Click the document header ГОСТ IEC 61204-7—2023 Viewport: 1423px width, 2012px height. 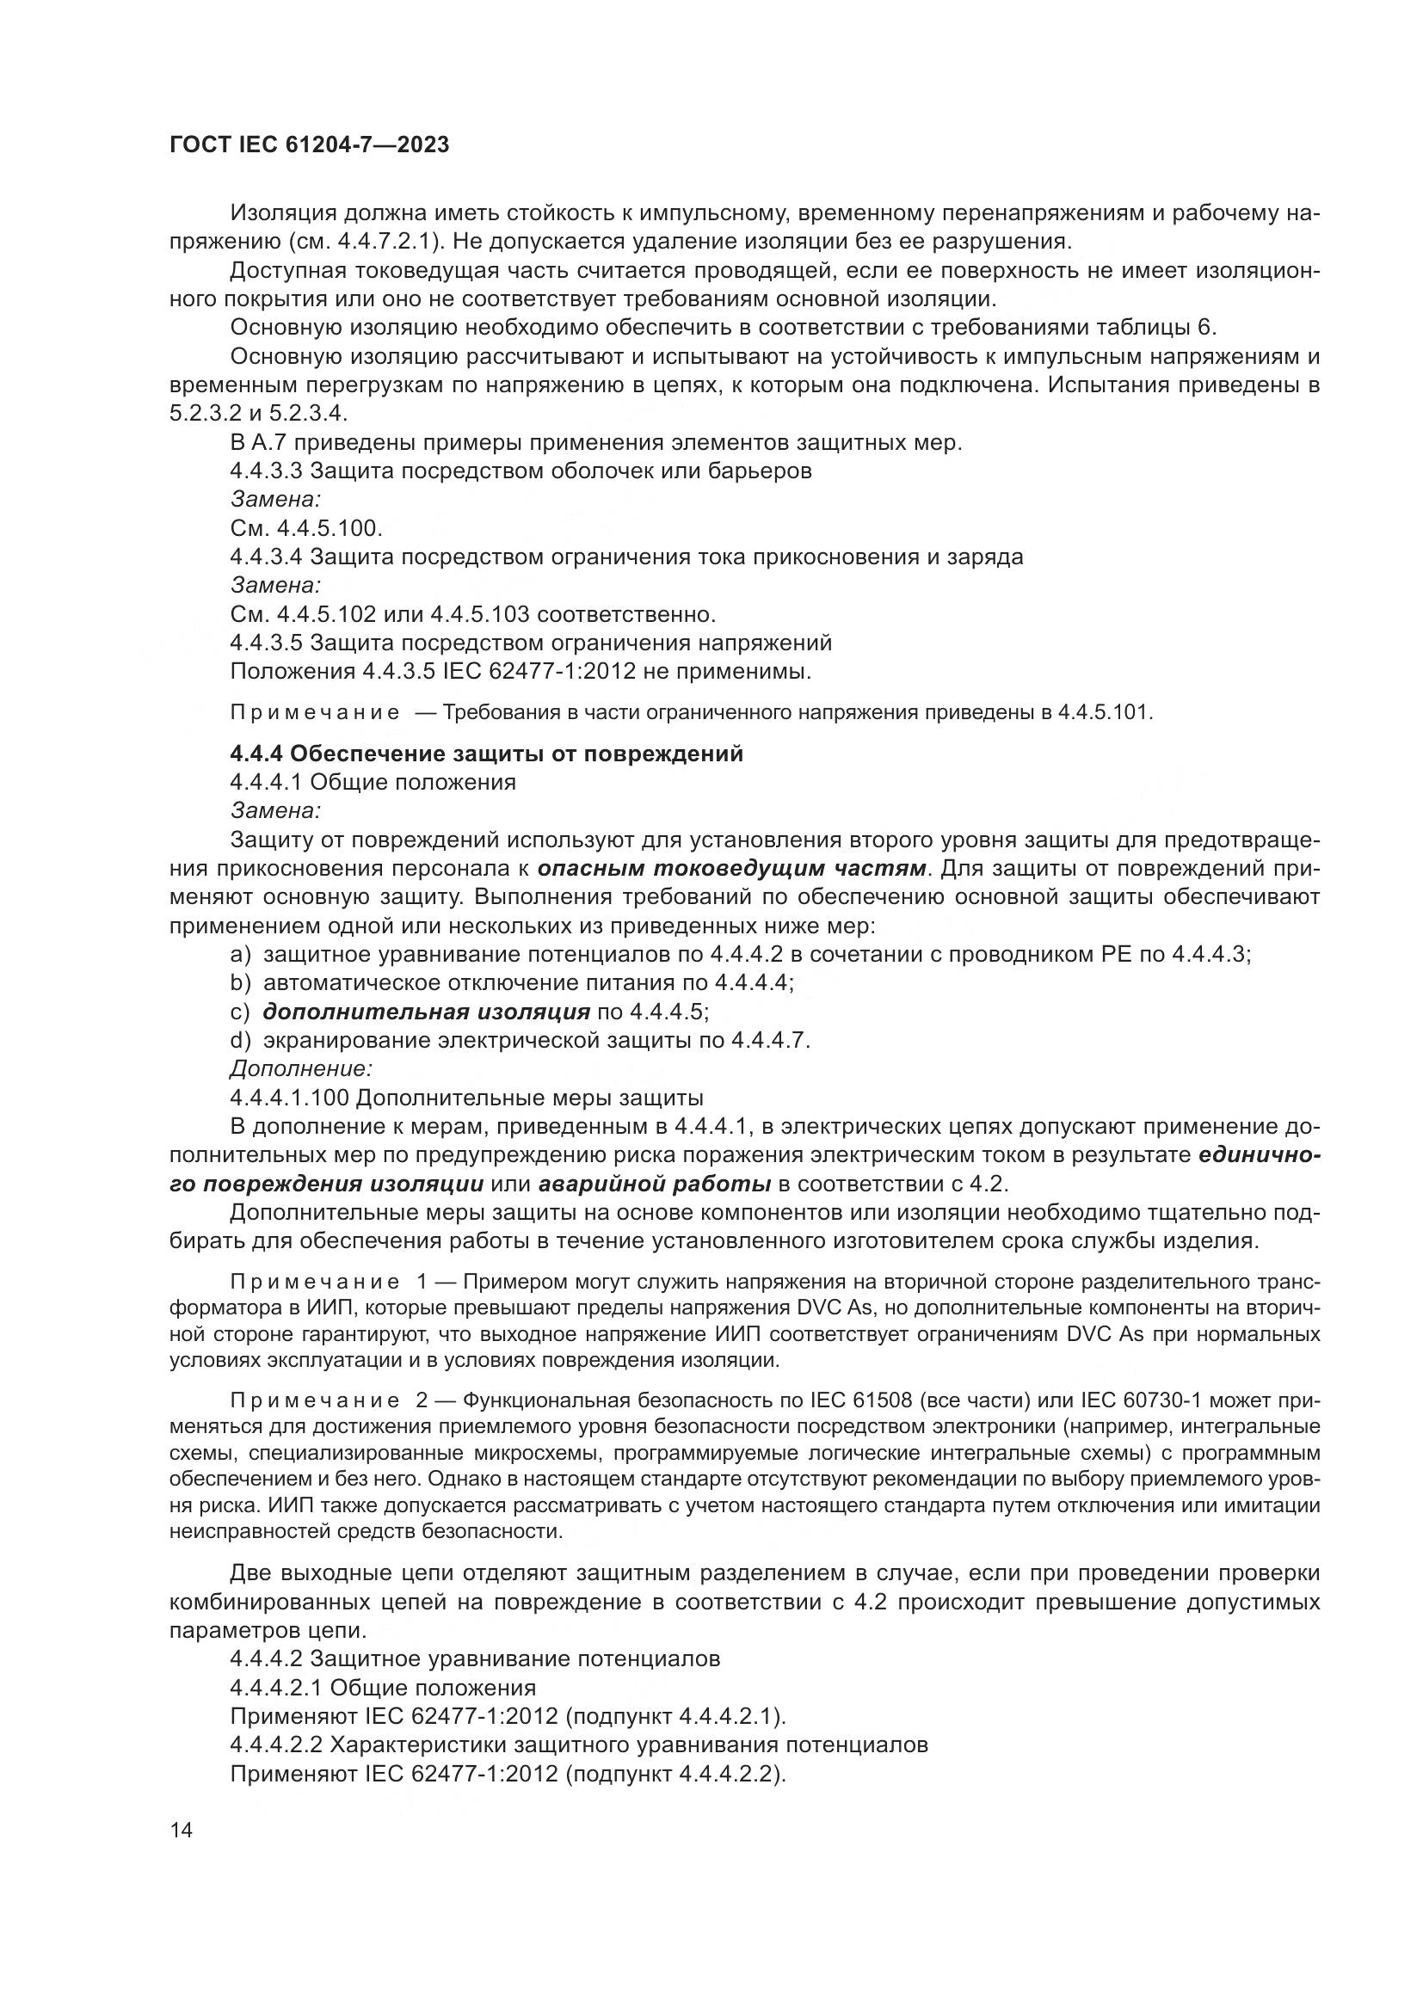click(x=310, y=145)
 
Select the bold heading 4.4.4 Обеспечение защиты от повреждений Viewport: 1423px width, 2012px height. click(x=486, y=754)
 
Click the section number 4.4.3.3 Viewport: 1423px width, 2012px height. click(x=267, y=471)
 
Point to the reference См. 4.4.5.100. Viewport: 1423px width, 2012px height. click(x=306, y=528)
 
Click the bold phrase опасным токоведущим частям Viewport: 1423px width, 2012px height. click(x=731, y=869)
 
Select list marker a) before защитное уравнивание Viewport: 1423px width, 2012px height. click(x=240, y=954)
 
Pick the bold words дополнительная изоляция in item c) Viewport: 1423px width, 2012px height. click(x=427, y=1012)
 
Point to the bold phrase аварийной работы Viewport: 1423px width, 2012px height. click(x=655, y=1184)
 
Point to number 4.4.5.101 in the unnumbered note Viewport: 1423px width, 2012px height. click(x=1105, y=711)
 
